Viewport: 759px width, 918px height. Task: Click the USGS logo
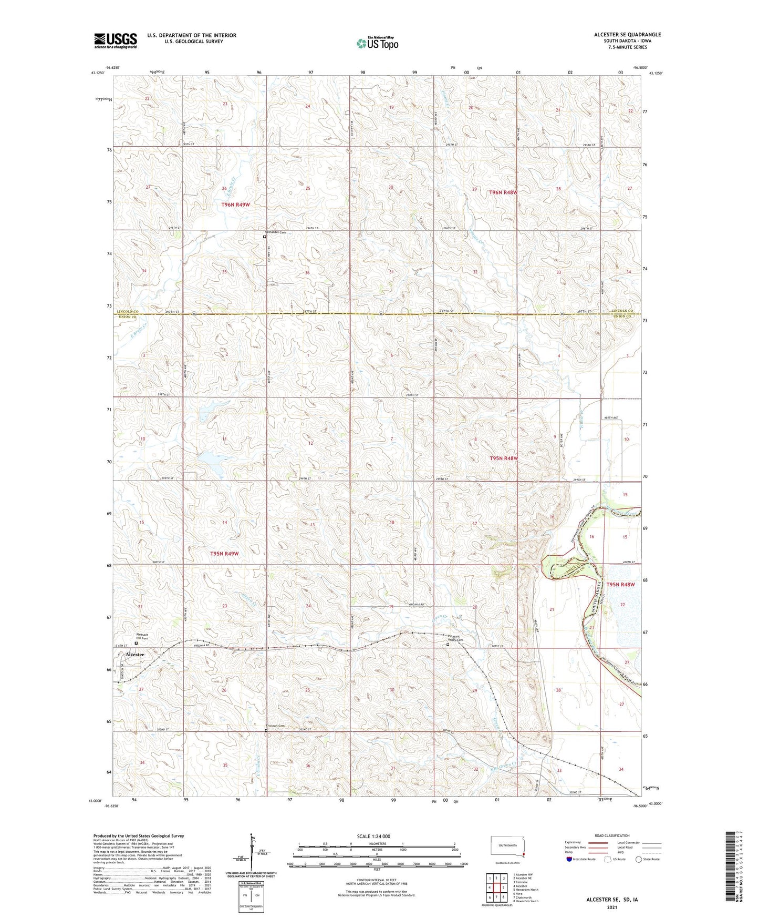pyautogui.click(x=116, y=40)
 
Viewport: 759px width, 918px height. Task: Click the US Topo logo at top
pyautogui.click(x=377, y=43)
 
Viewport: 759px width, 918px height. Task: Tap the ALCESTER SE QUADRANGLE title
pyautogui.click(x=627, y=35)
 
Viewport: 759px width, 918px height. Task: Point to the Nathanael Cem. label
pyautogui.click(x=276, y=232)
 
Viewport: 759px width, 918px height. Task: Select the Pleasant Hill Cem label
pyautogui.click(x=142, y=636)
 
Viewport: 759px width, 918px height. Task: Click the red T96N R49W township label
pyautogui.click(x=235, y=205)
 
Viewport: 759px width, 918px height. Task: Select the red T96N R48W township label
pyautogui.click(x=503, y=192)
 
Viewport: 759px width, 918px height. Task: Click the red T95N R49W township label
pyautogui.click(x=224, y=554)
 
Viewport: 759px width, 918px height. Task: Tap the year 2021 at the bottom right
pyautogui.click(x=611, y=907)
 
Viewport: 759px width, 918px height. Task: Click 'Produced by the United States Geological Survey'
pyautogui.click(x=139, y=835)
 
